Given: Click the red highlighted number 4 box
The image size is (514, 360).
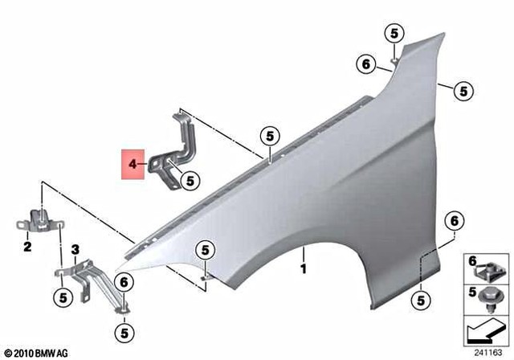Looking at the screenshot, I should point(133,164).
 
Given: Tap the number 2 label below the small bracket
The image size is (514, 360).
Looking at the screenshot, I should point(27,247).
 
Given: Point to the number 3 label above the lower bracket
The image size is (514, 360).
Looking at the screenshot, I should point(75,250).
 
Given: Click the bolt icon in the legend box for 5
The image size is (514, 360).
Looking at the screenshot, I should point(485,298).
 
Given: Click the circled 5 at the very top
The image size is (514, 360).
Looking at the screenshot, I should point(394,33).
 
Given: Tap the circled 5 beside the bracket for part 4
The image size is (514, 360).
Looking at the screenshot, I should point(190,182).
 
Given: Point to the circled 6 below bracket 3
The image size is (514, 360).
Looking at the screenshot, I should point(124,281).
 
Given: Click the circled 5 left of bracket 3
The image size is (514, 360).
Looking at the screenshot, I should point(62,298).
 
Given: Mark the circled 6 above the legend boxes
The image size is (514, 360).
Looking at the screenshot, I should point(454,219).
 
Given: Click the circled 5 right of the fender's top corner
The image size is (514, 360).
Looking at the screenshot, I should point(463,92).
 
